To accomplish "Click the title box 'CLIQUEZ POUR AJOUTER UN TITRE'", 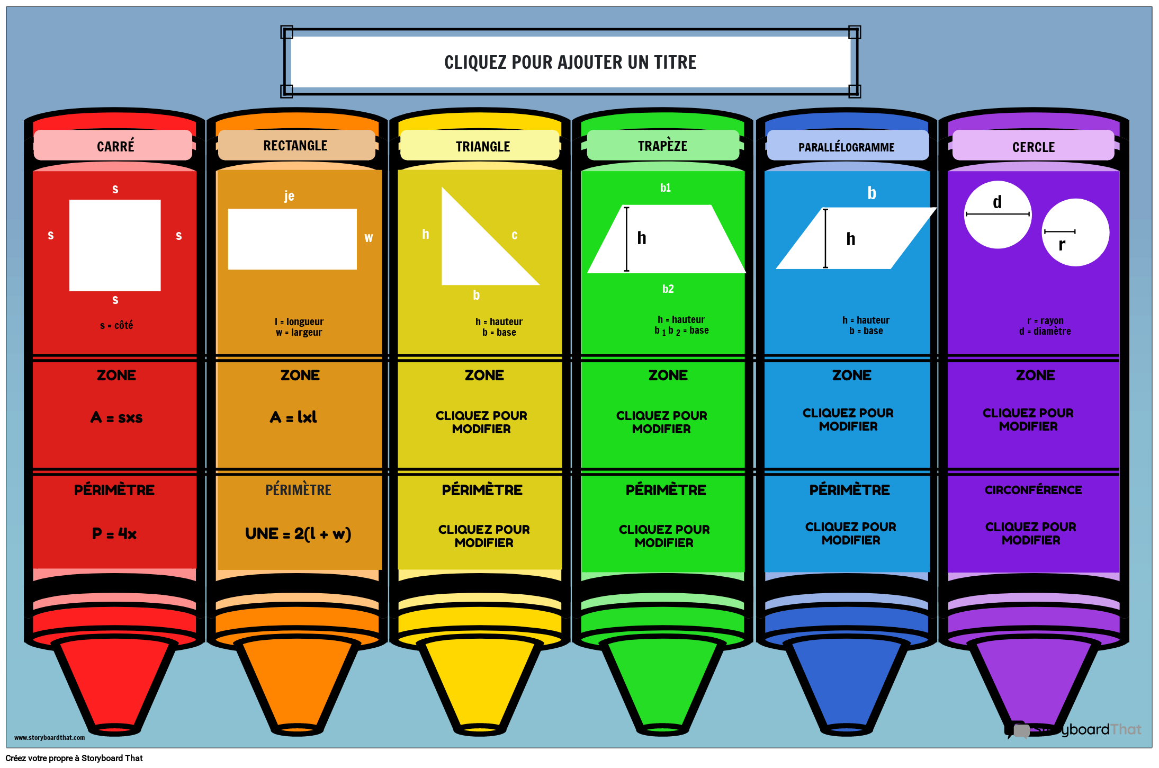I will [570, 62].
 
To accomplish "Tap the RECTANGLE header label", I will [296, 146].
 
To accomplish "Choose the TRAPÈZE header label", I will [662, 146].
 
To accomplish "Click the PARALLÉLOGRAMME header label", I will [847, 147].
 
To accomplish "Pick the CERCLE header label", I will [1033, 147].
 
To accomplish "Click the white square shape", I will [115, 245].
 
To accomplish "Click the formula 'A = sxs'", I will [116, 417].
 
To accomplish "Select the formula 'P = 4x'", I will [114, 533].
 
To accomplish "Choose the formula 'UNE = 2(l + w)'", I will [298, 533].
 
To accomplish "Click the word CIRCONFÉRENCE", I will [1033, 490].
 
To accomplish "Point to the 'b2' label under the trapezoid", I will [668, 289].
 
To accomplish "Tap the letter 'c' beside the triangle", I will [514, 235].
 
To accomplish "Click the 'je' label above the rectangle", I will [289, 196].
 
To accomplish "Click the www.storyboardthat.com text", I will [49, 737].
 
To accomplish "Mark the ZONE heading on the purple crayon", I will [1035, 375].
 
